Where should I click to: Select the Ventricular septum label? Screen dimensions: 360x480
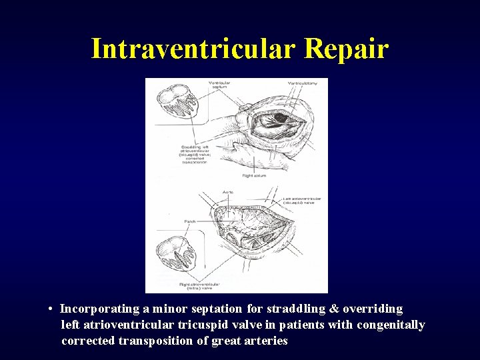(219, 85)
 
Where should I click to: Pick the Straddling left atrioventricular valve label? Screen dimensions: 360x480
(194, 154)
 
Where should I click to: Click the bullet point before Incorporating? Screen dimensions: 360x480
(51, 309)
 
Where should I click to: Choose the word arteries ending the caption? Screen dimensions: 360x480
(266, 341)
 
